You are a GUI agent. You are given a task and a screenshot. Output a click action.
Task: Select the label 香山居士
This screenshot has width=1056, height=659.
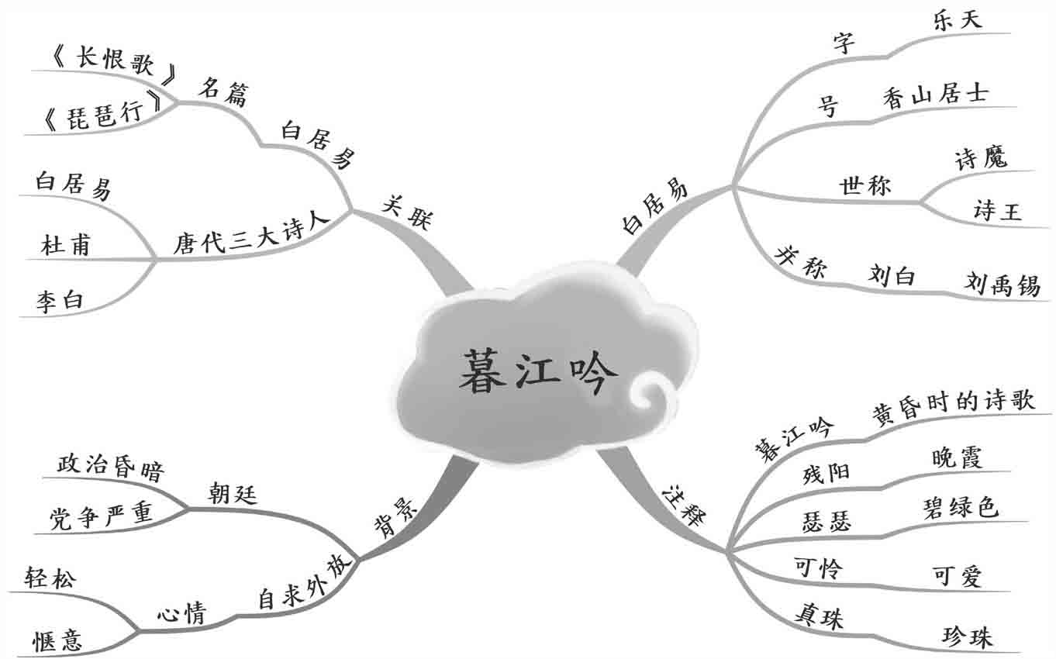pos(935,96)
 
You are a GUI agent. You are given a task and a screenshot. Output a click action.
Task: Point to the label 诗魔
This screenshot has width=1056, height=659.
pos(981,158)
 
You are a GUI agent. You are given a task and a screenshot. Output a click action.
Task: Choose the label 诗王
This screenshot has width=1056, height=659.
pos(997,209)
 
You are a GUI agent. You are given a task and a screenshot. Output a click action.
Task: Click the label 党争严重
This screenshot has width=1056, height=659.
pos(101,516)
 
